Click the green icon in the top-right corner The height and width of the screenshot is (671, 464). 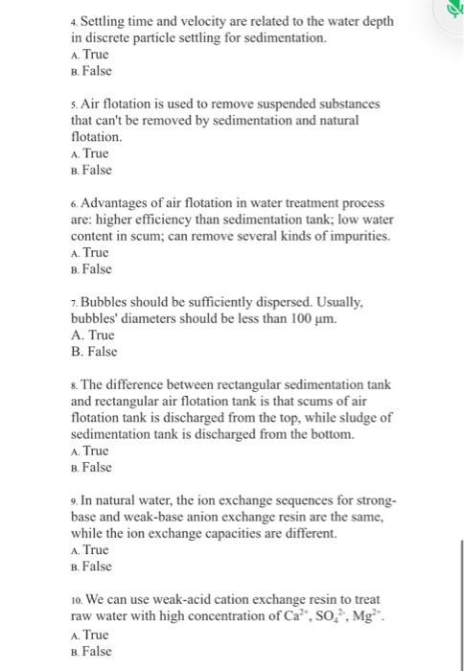coord(453,10)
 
